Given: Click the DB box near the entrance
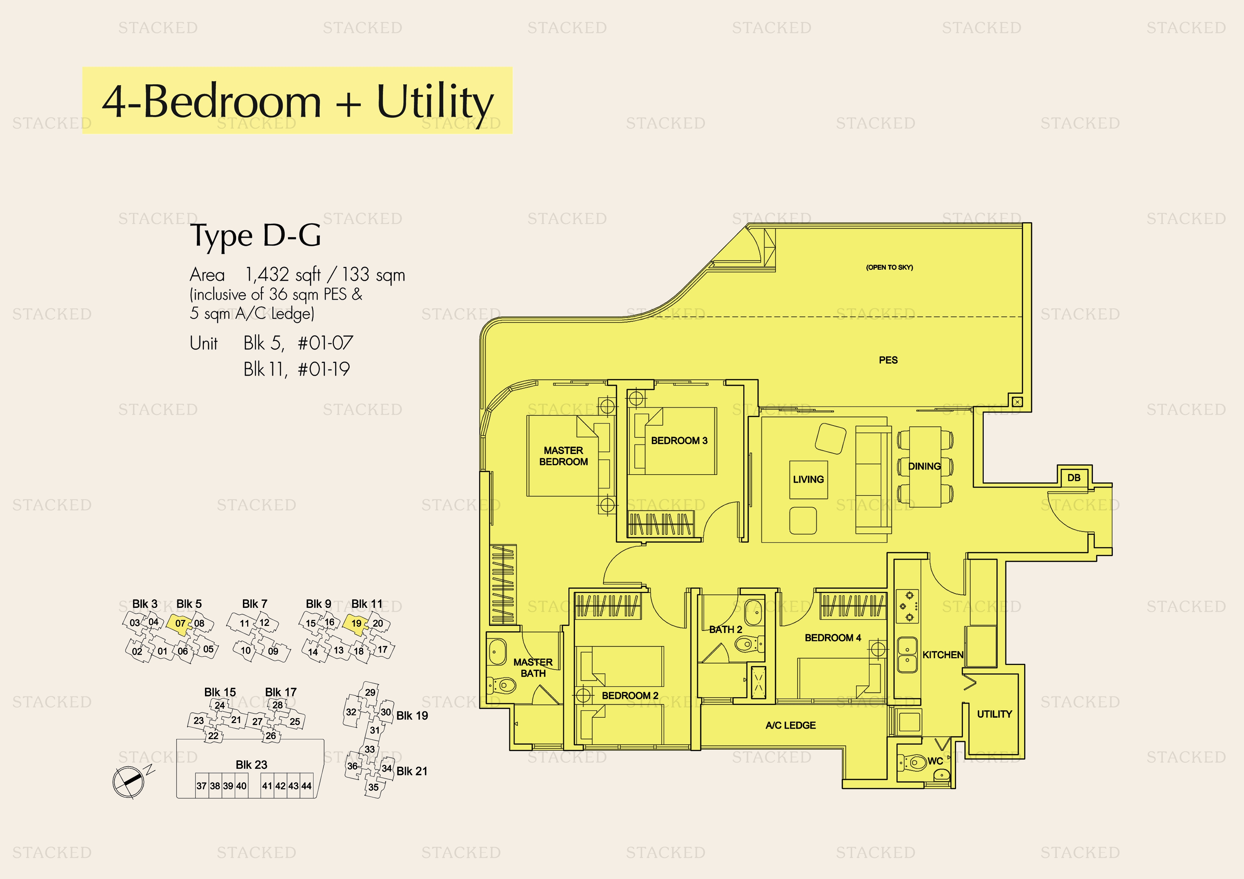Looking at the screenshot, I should [1073, 478].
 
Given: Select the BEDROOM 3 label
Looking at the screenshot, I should [679, 440].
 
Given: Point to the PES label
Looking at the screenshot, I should [888, 360].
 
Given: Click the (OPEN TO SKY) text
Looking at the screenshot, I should [889, 267].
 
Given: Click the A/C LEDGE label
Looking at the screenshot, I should [790, 725].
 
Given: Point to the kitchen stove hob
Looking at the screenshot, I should [907, 606].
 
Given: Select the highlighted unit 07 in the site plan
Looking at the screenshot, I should [179, 623].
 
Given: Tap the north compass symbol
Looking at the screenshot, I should [129, 782].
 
